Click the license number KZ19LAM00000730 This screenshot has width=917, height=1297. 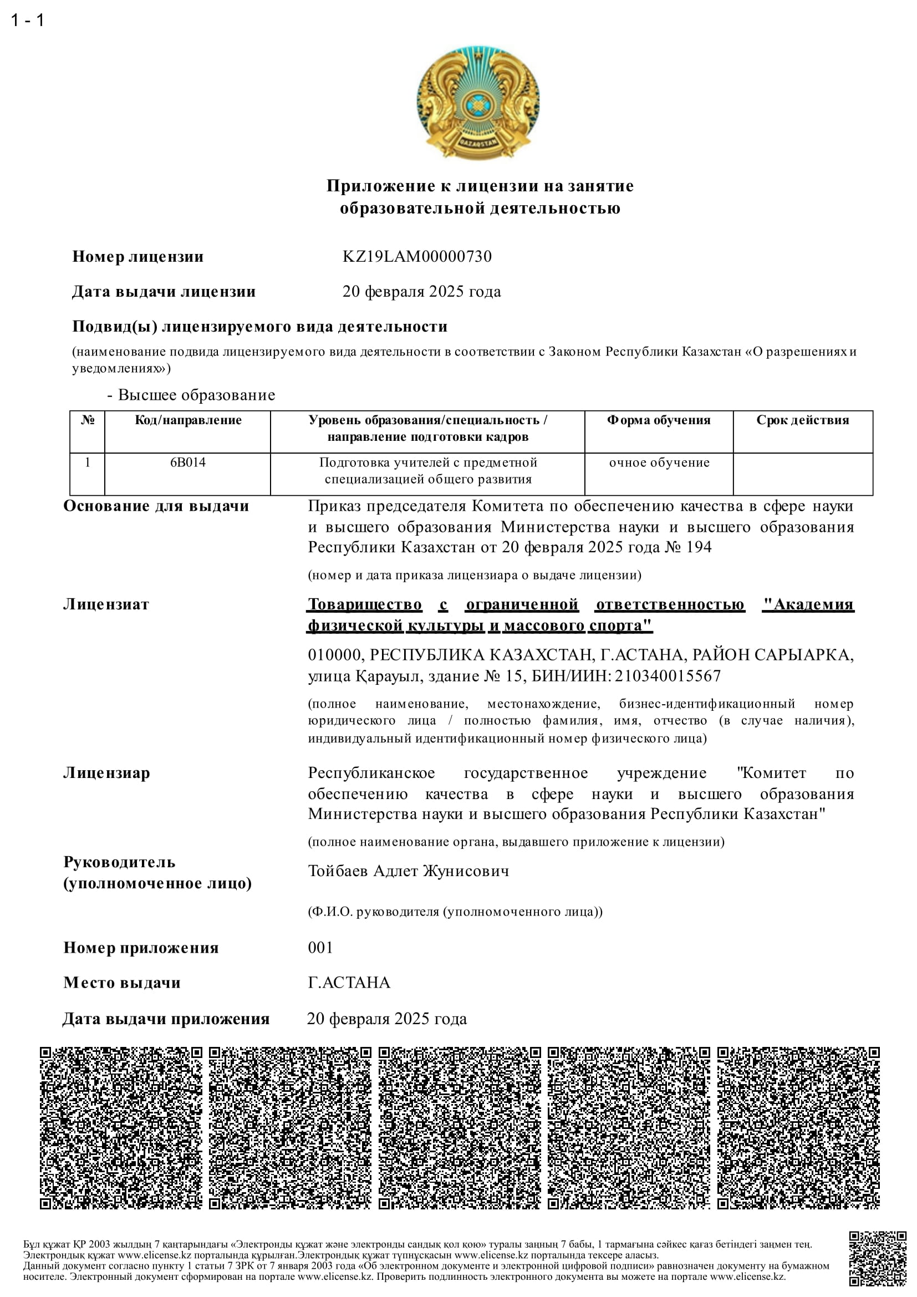click(417, 257)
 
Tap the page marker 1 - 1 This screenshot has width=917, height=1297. click(27, 21)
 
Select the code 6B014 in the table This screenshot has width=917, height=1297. click(187, 462)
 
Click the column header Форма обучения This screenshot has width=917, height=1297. click(659, 420)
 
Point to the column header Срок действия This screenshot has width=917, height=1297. click(802, 420)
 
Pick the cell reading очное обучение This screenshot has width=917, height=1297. click(659, 462)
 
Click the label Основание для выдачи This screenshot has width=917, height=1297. click(156, 506)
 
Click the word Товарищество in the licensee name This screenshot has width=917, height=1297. click(365, 604)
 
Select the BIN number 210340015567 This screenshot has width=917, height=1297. click(668, 676)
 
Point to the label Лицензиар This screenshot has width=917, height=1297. click(106, 773)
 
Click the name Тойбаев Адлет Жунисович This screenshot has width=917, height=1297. click(408, 871)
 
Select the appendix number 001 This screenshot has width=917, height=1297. click(320, 947)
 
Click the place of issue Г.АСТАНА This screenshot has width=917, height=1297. click(349, 983)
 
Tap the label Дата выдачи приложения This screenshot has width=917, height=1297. click(166, 1019)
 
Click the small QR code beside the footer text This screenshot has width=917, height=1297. click(878, 1259)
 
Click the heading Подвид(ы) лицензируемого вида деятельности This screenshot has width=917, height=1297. click(259, 327)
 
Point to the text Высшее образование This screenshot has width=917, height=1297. click(196, 395)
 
